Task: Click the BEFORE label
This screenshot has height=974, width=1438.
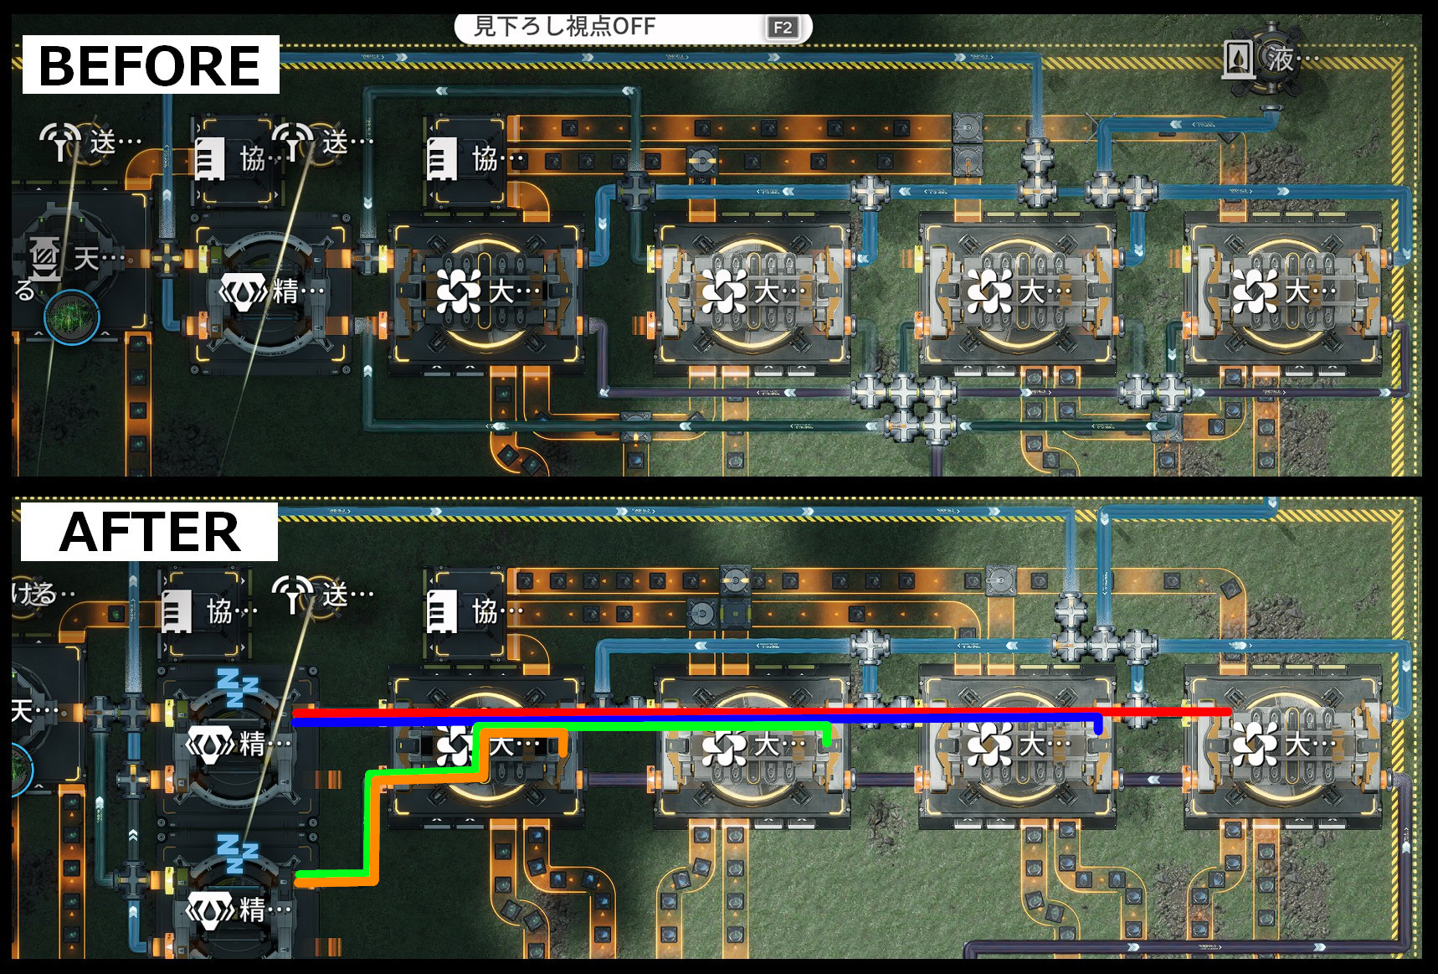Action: click(150, 65)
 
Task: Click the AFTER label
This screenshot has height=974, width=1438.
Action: click(150, 533)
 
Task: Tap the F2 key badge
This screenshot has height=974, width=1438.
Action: click(783, 28)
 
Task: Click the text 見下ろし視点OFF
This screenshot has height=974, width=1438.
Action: click(564, 27)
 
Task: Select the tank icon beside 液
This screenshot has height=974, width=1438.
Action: click(1238, 59)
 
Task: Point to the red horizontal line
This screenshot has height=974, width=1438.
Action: click(753, 712)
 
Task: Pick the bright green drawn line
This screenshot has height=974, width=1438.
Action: click(653, 725)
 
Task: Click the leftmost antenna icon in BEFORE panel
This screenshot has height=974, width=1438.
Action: click(60, 141)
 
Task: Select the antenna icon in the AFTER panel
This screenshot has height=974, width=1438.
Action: click(292, 593)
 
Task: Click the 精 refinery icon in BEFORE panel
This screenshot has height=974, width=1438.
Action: click(243, 291)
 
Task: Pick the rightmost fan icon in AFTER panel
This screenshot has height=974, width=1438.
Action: click(1254, 744)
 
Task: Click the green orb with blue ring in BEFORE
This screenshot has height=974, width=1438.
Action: click(72, 317)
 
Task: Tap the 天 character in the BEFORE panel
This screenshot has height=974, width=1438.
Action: click(86, 258)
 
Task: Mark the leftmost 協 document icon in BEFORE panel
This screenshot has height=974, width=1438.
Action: click(209, 158)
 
